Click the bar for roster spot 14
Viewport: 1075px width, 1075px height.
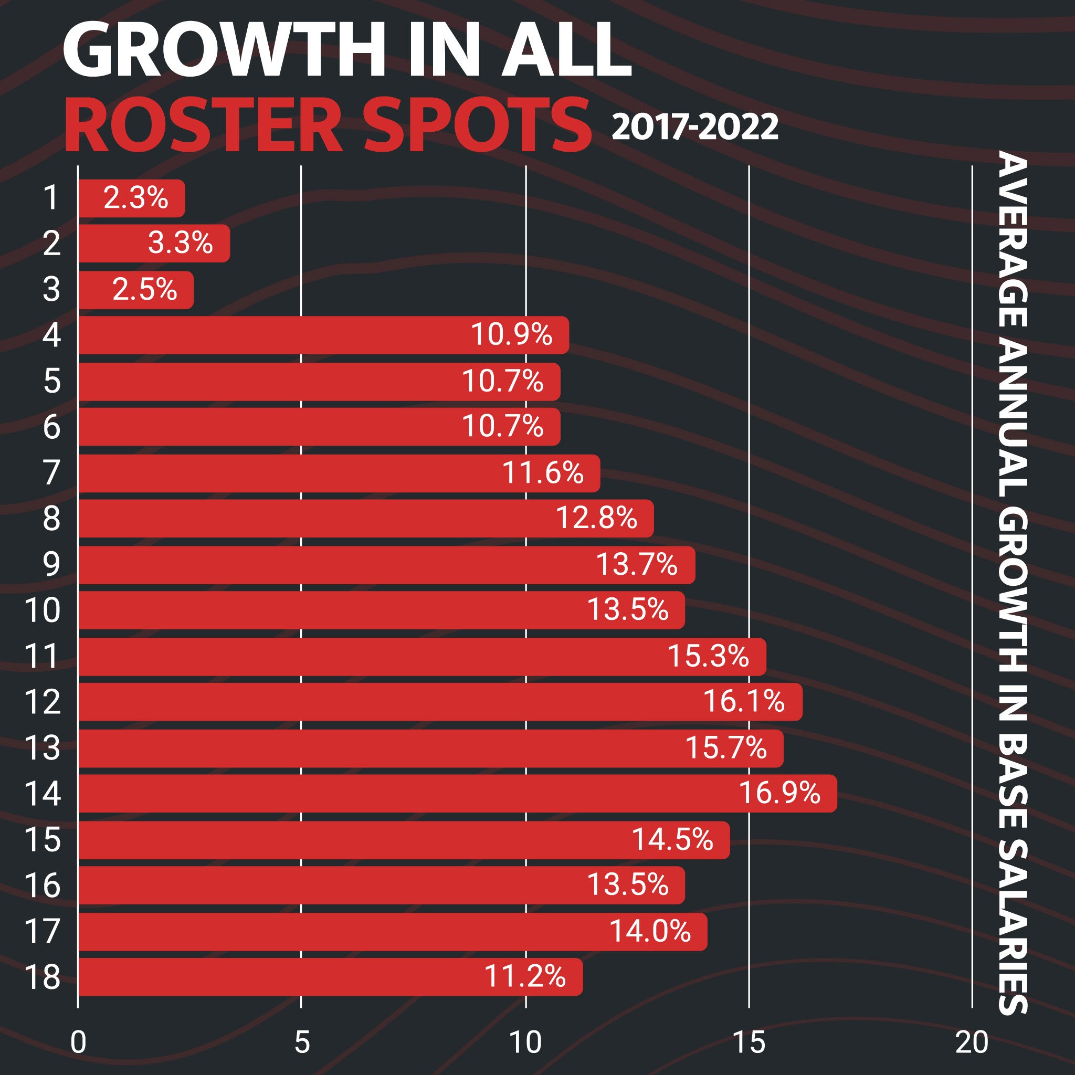tap(456, 793)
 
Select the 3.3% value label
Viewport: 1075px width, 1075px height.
tap(180, 243)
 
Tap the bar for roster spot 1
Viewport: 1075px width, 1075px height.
tap(131, 198)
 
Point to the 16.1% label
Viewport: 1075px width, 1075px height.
tap(744, 701)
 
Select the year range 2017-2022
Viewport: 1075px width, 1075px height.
tap(694, 128)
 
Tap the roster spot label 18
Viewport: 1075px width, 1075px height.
tap(43, 976)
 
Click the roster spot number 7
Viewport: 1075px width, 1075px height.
tap(51, 472)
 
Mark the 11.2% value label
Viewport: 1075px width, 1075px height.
tap(525, 976)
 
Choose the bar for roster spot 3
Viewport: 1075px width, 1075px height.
tap(136, 290)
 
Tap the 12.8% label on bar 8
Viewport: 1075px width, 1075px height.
tap(596, 518)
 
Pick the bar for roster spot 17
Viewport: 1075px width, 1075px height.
tap(392, 931)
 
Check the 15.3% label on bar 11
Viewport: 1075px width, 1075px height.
tap(708, 656)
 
